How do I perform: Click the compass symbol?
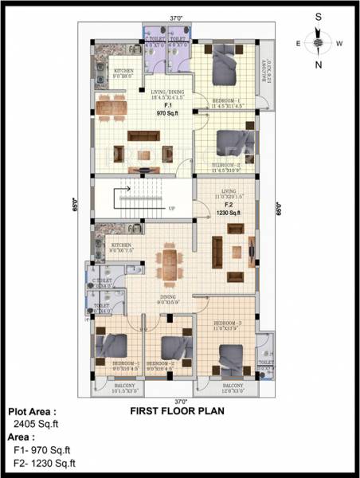317,42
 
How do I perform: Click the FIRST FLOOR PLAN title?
177,412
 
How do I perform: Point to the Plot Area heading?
33,412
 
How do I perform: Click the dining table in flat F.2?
169,262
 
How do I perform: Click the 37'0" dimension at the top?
176,17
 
